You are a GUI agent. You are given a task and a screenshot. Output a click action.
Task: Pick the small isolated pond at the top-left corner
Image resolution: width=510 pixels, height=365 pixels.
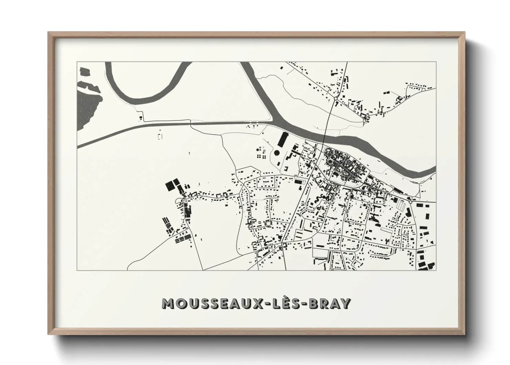pyautogui.click(x=84, y=71)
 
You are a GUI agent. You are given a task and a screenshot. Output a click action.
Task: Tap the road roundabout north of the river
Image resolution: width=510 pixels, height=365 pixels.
pyautogui.click(x=335, y=99)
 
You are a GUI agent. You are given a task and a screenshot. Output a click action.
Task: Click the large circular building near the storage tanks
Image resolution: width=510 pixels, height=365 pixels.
pyautogui.click(x=277, y=153)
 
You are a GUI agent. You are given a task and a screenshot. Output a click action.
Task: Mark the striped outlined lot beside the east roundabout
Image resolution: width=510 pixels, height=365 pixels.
pyautogui.click(x=401, y=206)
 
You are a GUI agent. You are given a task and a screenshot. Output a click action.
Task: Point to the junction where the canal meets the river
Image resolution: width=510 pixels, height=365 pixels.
pyautogui.click(x=272, y=121)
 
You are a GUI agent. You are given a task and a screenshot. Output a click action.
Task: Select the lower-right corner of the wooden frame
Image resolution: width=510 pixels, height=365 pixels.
pyautogui.click(x=464, y=334)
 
